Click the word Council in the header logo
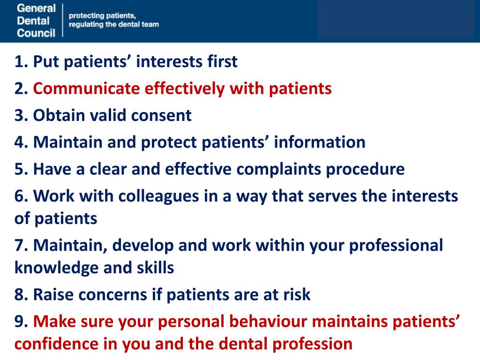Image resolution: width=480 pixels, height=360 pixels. pyautogui.click(x=36, y=33)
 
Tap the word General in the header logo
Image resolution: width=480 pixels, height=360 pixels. pyautogui.click(x=36, y=8)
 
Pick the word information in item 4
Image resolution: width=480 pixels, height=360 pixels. pyautogui.click(x=320, y=142)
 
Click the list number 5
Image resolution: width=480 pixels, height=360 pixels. pyautogui.click(x=19, y=169)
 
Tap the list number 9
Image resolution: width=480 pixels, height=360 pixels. pyautogui.click(x=19, y=322)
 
